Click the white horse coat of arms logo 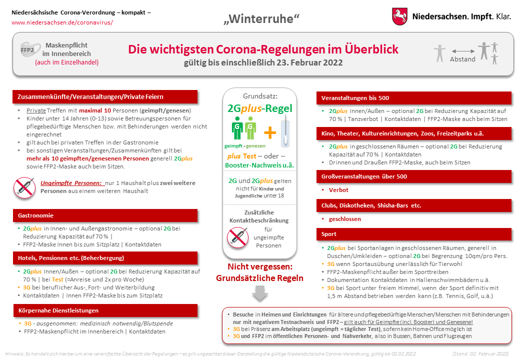coord(399,16)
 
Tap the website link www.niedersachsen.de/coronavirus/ coord(62,22)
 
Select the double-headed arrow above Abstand coord(462,51)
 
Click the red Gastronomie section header coord(105,215)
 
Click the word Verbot coord(338,190)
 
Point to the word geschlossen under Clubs coord(344,219)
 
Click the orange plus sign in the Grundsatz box coord(270,132)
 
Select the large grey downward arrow coord(260,293)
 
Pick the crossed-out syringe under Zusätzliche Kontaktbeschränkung coord(237,237)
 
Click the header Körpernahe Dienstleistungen coord(105,310)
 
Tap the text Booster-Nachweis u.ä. coord(259,165)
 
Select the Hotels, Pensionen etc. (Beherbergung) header coord(105,258)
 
